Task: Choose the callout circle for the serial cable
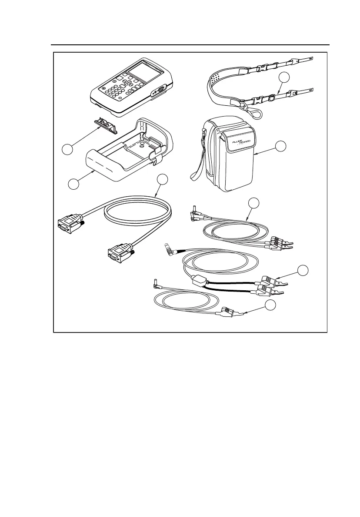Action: [162, 180]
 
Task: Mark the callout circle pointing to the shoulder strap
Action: [284, 77]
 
